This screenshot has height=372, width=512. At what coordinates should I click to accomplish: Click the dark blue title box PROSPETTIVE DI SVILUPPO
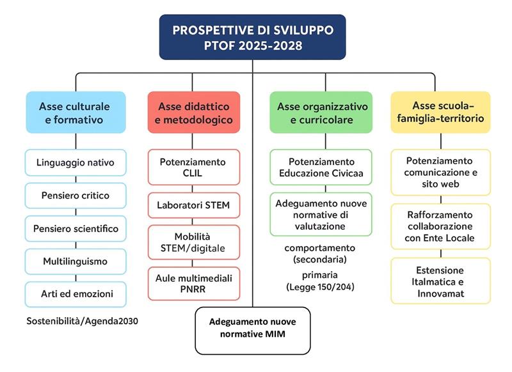[252, 37]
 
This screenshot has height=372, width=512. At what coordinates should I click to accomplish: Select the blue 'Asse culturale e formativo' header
[76, 112]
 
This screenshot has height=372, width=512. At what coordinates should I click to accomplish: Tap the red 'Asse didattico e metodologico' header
[194, 112]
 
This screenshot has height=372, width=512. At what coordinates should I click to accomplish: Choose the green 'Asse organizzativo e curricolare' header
[321, 112]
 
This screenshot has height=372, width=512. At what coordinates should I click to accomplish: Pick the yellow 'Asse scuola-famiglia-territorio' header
[440, 112]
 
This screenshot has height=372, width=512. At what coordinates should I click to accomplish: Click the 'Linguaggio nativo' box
[76, 162]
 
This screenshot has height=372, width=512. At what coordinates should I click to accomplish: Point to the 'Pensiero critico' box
[76, 196]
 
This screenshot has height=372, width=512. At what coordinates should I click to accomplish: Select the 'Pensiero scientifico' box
[76, 229]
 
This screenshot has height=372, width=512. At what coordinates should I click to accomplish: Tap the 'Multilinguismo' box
[76, 261]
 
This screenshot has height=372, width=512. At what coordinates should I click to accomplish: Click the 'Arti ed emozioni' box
[76, 295]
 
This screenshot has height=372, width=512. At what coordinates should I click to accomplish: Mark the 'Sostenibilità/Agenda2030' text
[83, 321]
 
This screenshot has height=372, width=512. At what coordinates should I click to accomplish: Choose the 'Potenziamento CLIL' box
[194, 167]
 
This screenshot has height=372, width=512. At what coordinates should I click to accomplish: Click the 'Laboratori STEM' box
[194, 205]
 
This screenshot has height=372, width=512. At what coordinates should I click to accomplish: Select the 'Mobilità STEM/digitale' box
[194, 242]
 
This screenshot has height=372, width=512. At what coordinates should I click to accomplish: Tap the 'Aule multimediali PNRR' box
[194, 284]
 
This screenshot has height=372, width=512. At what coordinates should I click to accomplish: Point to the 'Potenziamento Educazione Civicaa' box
[321, 167]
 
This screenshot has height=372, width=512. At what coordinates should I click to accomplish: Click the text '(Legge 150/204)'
[320, 287]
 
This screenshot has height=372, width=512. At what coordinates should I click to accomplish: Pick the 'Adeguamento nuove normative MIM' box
[253, 330]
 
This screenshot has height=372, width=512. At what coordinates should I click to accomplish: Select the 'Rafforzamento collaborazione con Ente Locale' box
[440, 226]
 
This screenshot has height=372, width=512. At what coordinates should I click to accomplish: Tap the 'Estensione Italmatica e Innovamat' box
[440, 281]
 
